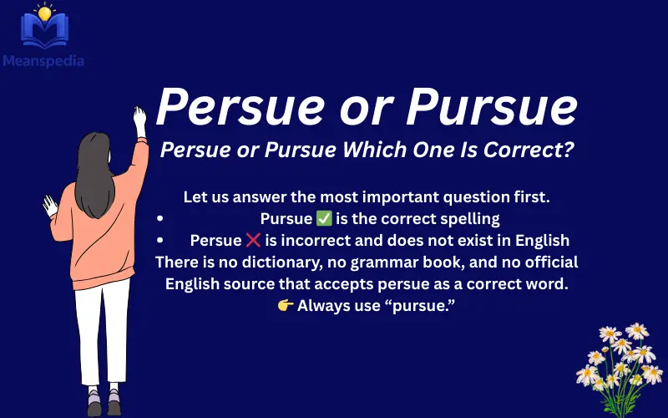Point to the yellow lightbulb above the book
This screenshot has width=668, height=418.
pos(43,12)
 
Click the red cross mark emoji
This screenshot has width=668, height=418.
pos(254,241)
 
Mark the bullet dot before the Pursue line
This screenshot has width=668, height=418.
pos(159,220)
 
